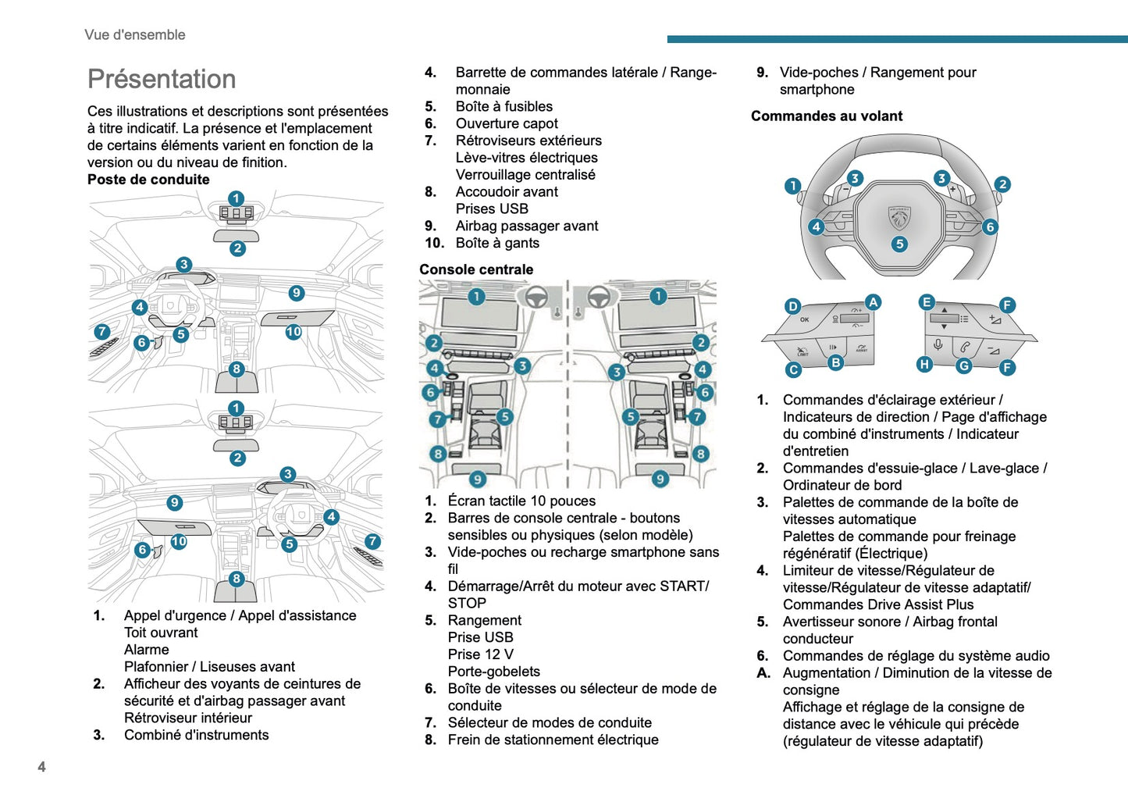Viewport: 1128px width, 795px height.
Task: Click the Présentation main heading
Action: [x=162, y=79]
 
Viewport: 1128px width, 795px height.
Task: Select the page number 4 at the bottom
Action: [x=42, y=766]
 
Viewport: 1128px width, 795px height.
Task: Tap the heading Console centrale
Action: [x=476, y=269]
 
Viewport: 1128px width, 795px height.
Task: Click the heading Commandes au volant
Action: [x=827, y=116]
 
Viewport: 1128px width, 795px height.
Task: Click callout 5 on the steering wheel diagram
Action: [x=899, y=244]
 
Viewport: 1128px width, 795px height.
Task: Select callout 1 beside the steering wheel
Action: [x=793, y=186]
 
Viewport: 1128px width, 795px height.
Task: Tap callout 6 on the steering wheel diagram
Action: [x=990, y=227]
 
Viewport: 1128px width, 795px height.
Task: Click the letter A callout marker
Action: [x=873, y=302]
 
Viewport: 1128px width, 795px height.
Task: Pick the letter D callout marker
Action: [x=793, y=306]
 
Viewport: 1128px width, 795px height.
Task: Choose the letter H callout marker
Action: [x=924, y=364]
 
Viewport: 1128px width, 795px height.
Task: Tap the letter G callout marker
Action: [x=964, y=365]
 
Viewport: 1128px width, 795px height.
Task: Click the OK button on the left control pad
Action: [x=805, y=319]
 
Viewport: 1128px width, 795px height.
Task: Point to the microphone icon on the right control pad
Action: [x=938, y=345]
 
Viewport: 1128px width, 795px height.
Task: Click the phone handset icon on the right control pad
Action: [x=966, y=347]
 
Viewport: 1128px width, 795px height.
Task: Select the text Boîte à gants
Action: [x=497, y=243]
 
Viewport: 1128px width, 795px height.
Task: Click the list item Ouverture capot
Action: [x=507, y=123]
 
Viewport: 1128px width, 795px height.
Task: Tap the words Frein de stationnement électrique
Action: [x=553, y=740]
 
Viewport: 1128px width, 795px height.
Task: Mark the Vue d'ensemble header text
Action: [x=135, y=35]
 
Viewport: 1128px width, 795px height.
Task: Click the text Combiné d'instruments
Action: [x=197, y=735]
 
